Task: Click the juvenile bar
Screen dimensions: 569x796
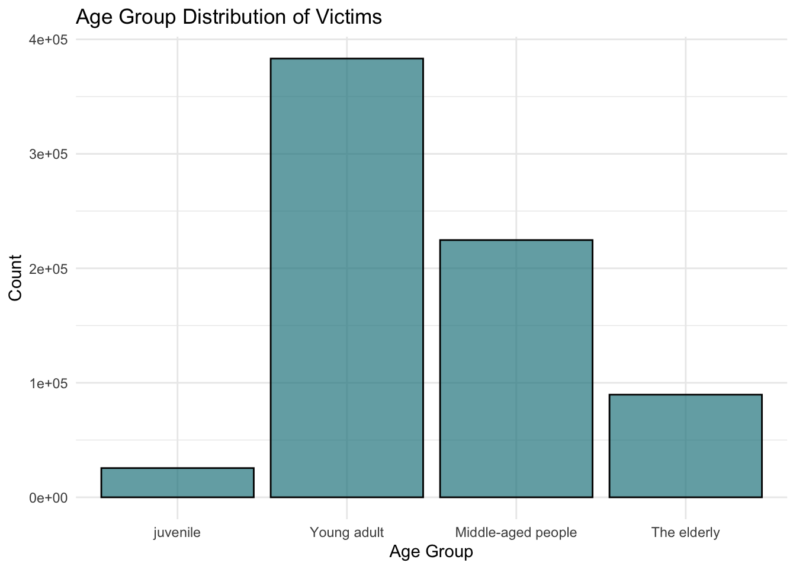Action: click(x=177, y=482)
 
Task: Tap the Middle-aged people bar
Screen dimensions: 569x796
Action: click(x=516, y=368)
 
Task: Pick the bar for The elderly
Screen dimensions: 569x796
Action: click(x=685, y=446)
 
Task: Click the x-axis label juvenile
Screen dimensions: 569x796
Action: click(x=177, y=532)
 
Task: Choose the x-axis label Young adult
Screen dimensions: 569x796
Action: click(x=346, y=532)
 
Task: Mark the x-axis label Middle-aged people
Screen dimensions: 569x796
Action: click(x=516, y=532)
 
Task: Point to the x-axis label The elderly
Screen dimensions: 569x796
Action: click(x=685, y=532)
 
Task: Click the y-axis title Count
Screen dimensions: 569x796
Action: click(x=15, y=277)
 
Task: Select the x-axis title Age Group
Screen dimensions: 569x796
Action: click(x=431, y=552)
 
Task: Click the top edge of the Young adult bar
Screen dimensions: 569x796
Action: click(x=346, y=59)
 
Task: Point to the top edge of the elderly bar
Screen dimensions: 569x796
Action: click(x=685, y=395)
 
